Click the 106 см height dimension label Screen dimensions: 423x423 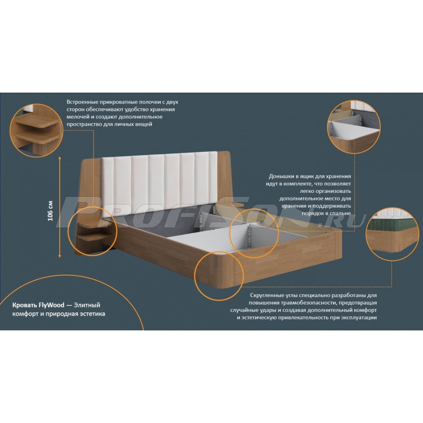pos(50,211)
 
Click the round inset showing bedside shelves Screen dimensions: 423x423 pos(36,130)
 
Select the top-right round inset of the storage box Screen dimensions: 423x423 pos(354,127)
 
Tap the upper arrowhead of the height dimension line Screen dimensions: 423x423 pos(60,157)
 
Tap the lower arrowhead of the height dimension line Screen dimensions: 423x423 pos(60,256)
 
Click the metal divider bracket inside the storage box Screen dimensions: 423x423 pos(249,236)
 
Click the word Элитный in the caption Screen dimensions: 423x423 pos(87,305)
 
